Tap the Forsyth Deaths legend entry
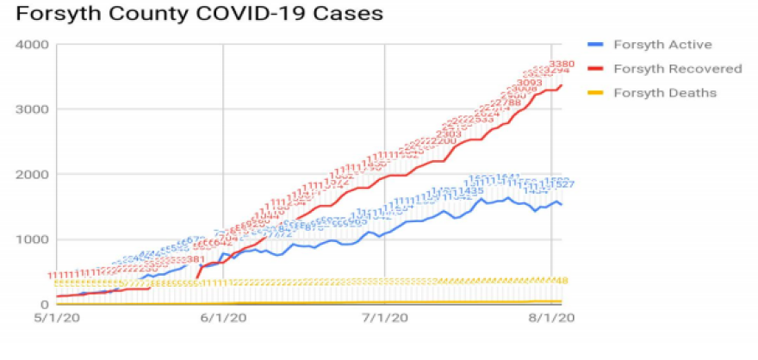pyautogui.click(x=664, y=92)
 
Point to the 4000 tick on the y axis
pyautogui.click(x=31, y=44)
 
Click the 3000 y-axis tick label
pyautogui.click(x=31, y=109)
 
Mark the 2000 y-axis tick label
pyautogui.click(x=31, y=174)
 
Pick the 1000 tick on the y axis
pyautogui.click(x=31, y=239)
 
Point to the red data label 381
pyautogui.click(x=196, y=259)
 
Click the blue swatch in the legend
pyautogui.click(x=594, y=45)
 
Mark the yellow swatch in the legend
pyautogui.click(x=594, y=92)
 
